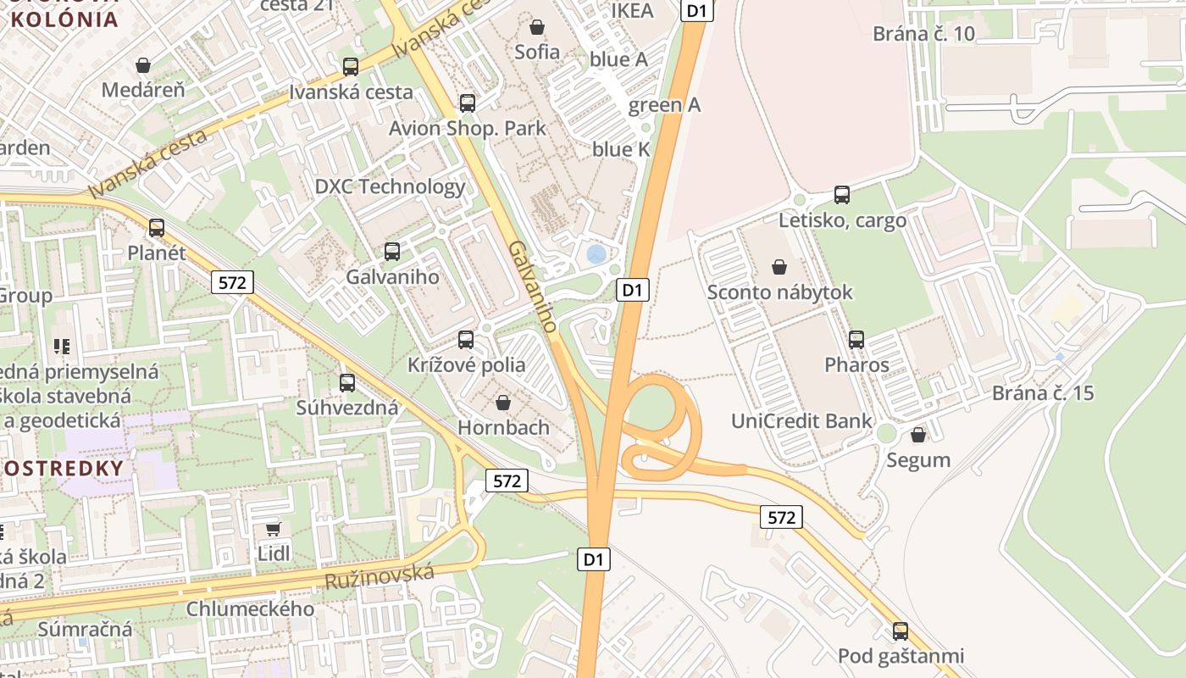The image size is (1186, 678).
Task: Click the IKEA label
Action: click(x=633, y=11)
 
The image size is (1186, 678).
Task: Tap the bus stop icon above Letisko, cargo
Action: click(x=841, y=194)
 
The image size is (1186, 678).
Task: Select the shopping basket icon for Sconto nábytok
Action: click(x=779, y=267)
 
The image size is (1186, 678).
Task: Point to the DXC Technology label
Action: click(x=390, y=186)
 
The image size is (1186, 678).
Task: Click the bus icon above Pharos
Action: click(x=856, y=340)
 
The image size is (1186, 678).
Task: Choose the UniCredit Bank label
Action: click(x=801, y=421)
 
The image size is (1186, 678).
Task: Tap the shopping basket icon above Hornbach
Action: click(x=503, y=402)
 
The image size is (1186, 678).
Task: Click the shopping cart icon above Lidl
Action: click(x=273, y=529)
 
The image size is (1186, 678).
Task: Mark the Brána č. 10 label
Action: click(x=923, y=34)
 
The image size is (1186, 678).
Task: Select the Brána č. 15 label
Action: click(x=1043, y=393)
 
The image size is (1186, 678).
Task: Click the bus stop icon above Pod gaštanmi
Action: click(x=901, y=631)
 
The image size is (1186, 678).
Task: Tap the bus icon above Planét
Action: click(x=157, y=227)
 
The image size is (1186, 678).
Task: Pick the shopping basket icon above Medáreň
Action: click(x=143, y=65)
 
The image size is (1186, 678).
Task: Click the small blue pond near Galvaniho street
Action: click(x=596, y=253)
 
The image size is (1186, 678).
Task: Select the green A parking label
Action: click(x=664, y=105)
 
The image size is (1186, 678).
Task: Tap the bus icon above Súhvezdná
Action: click(x=347, y=382)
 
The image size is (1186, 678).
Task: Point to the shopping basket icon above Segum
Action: click(x=917, y=435)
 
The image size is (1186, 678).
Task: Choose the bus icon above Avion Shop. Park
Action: click(x=467, y=103)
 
